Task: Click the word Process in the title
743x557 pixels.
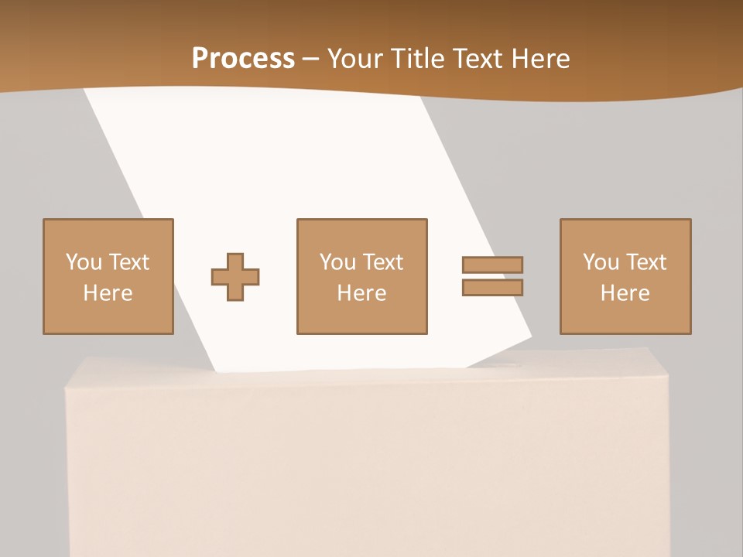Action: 243,59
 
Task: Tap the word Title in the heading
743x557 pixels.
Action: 418,59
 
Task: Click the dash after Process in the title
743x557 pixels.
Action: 311,60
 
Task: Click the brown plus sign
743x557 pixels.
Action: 235,277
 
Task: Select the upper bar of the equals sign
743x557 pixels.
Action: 492,265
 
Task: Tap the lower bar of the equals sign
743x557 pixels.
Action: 492,287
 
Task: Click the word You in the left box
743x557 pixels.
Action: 84,262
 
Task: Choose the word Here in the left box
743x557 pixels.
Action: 108,293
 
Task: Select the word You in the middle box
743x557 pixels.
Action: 338,262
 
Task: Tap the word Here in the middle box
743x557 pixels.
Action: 361,293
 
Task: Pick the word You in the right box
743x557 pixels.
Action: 601,262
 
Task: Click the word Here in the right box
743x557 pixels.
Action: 625,293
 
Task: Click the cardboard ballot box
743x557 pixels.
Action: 368,464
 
